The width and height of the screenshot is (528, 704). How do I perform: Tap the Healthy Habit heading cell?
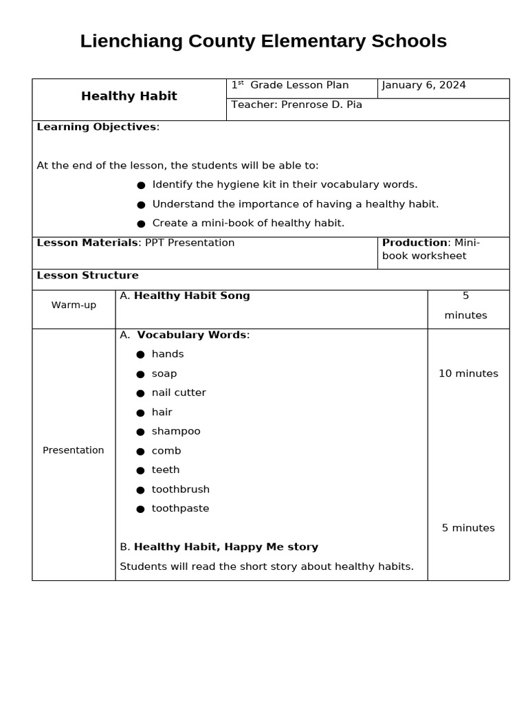point(129,96)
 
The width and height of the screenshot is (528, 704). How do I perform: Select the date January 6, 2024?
point(423,85)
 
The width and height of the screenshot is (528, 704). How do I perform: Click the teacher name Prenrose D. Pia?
point(321,105)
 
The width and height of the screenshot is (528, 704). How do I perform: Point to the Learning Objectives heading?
point(96,127)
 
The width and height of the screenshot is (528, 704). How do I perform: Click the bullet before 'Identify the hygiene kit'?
point(141,185)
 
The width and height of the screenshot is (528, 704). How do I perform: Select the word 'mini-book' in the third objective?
point(233,223)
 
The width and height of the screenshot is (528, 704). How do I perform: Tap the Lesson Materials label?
point(87,243)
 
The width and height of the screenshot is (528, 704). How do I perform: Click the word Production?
point(415,243)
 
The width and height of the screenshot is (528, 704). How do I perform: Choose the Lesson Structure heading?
point(87,276)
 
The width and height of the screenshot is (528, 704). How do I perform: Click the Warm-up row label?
point(74,305)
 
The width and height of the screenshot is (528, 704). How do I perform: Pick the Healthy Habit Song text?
point(192,296)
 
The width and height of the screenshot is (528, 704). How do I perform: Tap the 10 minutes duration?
point(468,374)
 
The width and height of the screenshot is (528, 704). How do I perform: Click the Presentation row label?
point(74,450)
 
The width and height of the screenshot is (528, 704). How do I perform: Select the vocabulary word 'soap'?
point(164,374)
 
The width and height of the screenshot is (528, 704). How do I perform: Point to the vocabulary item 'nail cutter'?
point(179,393)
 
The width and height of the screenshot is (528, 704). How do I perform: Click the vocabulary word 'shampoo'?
point(176,431)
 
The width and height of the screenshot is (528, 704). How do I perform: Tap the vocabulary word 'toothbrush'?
point(180,489)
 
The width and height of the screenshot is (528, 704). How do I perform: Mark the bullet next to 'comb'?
point(140,451)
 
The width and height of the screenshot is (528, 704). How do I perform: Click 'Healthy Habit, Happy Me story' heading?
point(225,547)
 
